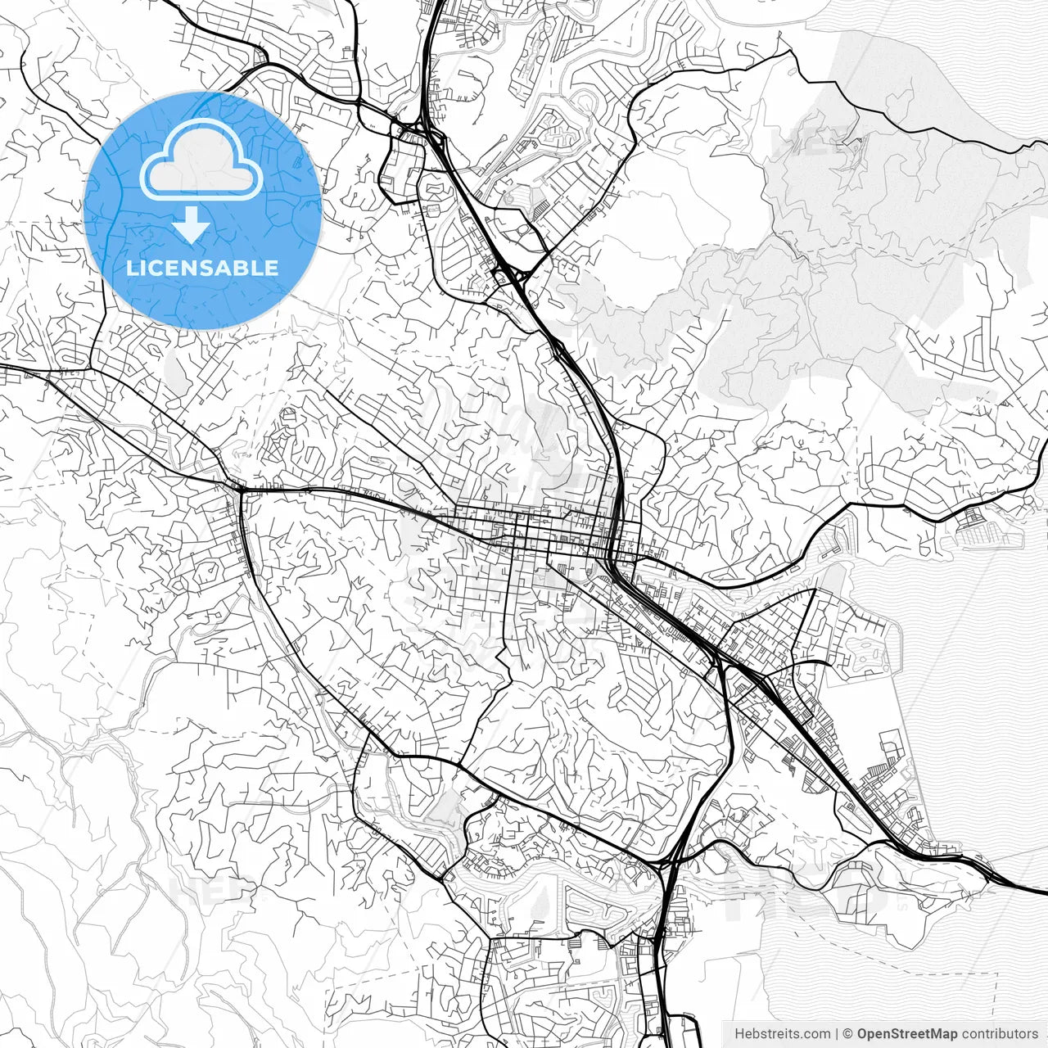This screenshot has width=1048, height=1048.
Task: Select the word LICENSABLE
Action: [202, 268]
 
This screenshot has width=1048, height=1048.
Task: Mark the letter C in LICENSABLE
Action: [160, 268]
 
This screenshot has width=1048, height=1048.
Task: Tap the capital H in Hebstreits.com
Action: [739, 1034]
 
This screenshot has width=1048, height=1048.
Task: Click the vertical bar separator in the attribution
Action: [836, 1034]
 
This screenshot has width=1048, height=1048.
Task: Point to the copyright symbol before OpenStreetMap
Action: [848, 1034]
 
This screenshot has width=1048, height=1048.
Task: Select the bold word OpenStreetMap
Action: [906, 1034]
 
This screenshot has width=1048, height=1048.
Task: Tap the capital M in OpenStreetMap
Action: [938, 1034]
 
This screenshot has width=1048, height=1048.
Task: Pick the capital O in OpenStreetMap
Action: [862, 1034]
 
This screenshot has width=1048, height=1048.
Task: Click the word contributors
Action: [999, 1034]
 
